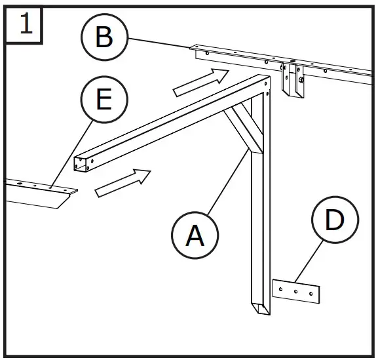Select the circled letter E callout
pyautogui.click(x=103, y=101)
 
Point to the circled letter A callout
pyautogui.click(x=195, y=235)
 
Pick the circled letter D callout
pyautogui.click(x=334, y=221)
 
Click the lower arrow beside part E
pyautogui.click(x=123, y=182)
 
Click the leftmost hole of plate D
pyautogui.click(x=282, y=287)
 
